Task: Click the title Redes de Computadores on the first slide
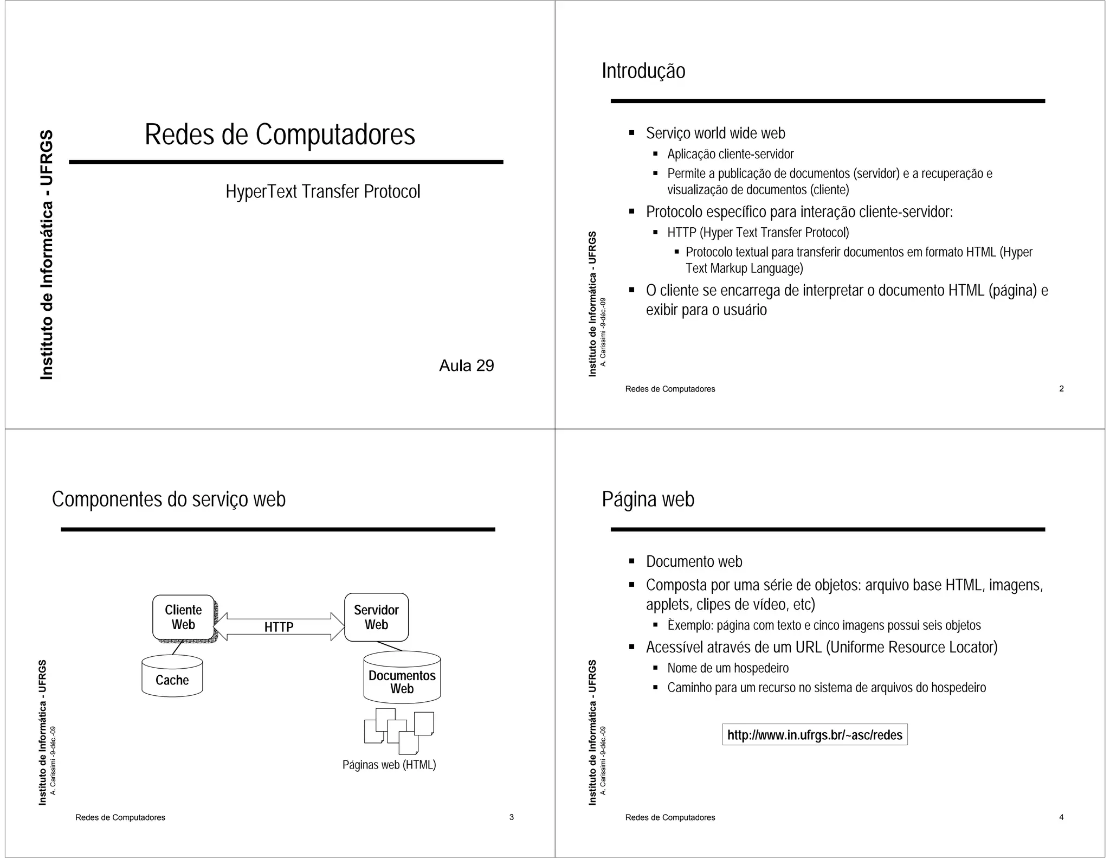(280, 135)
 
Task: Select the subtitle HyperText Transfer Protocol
(322, 191)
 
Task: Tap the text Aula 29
(466, 366)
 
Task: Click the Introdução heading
(643, 71)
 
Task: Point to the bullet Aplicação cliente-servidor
(730, 154)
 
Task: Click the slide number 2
(1061, 388)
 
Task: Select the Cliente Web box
(183, 617)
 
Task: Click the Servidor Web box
(376, 617)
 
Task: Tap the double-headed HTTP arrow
(279, 627)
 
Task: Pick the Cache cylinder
(172, 678)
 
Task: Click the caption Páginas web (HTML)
(389, 765)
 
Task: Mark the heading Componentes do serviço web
(169, 499)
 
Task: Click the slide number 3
(511, 817)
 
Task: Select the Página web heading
(648, 499)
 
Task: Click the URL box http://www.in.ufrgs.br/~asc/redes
(815, 735)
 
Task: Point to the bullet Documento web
(694, 561)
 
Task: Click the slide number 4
(1061, 817)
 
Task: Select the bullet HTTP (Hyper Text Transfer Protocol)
(758, 233)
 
